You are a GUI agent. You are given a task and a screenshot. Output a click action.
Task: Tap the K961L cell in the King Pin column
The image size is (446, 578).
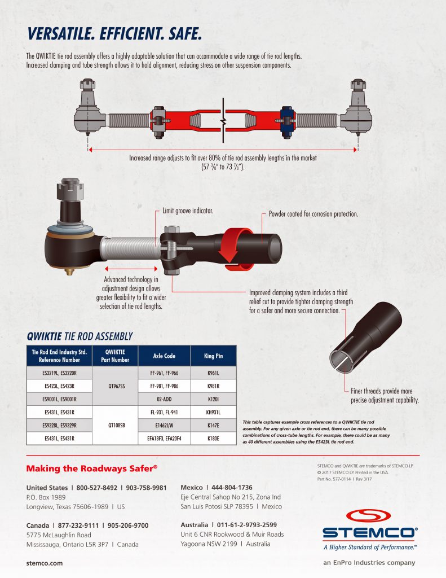tap(213, 374)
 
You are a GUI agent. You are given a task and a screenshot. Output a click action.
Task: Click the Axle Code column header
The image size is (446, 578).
tap(164, 356)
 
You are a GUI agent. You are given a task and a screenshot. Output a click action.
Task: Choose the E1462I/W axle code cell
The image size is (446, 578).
tap(164, 425)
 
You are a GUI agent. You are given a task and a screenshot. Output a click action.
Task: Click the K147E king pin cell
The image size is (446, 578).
tap(213, 425)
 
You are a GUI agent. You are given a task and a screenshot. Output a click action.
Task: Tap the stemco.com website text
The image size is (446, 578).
tap(45, 563)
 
